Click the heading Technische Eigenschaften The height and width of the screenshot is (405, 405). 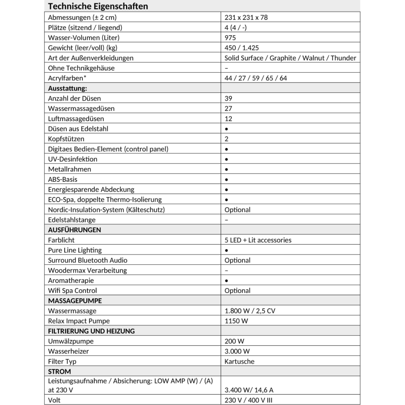[98, 6]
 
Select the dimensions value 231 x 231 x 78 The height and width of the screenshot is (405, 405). [246, 17]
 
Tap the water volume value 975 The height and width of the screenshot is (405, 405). [230, 38]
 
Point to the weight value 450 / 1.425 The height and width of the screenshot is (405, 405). [242, 48]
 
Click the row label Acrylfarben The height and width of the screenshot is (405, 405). [66, 78]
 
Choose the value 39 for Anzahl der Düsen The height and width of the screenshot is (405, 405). [228, 98]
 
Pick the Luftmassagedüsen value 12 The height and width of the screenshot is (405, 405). [228, 119]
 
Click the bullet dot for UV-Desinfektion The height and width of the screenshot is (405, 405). [226, 159]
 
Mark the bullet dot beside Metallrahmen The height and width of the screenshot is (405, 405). [226, 169]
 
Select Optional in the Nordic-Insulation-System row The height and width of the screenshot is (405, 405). [237, 210]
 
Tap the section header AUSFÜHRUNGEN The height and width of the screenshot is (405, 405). [74, 230]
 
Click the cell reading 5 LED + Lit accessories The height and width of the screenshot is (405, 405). [258, 240]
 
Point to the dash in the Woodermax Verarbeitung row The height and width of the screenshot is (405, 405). [226, 271]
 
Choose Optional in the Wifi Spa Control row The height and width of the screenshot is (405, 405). [237, 291]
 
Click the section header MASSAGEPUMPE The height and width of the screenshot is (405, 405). [75, 301]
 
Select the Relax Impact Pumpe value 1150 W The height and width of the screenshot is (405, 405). [236, 321]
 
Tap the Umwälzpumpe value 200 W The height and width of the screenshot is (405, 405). [234, 341]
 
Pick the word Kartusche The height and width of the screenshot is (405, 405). [239, 361]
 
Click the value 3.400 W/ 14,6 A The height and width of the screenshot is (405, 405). [249, 390]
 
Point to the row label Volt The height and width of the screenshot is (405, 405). [54, 400]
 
